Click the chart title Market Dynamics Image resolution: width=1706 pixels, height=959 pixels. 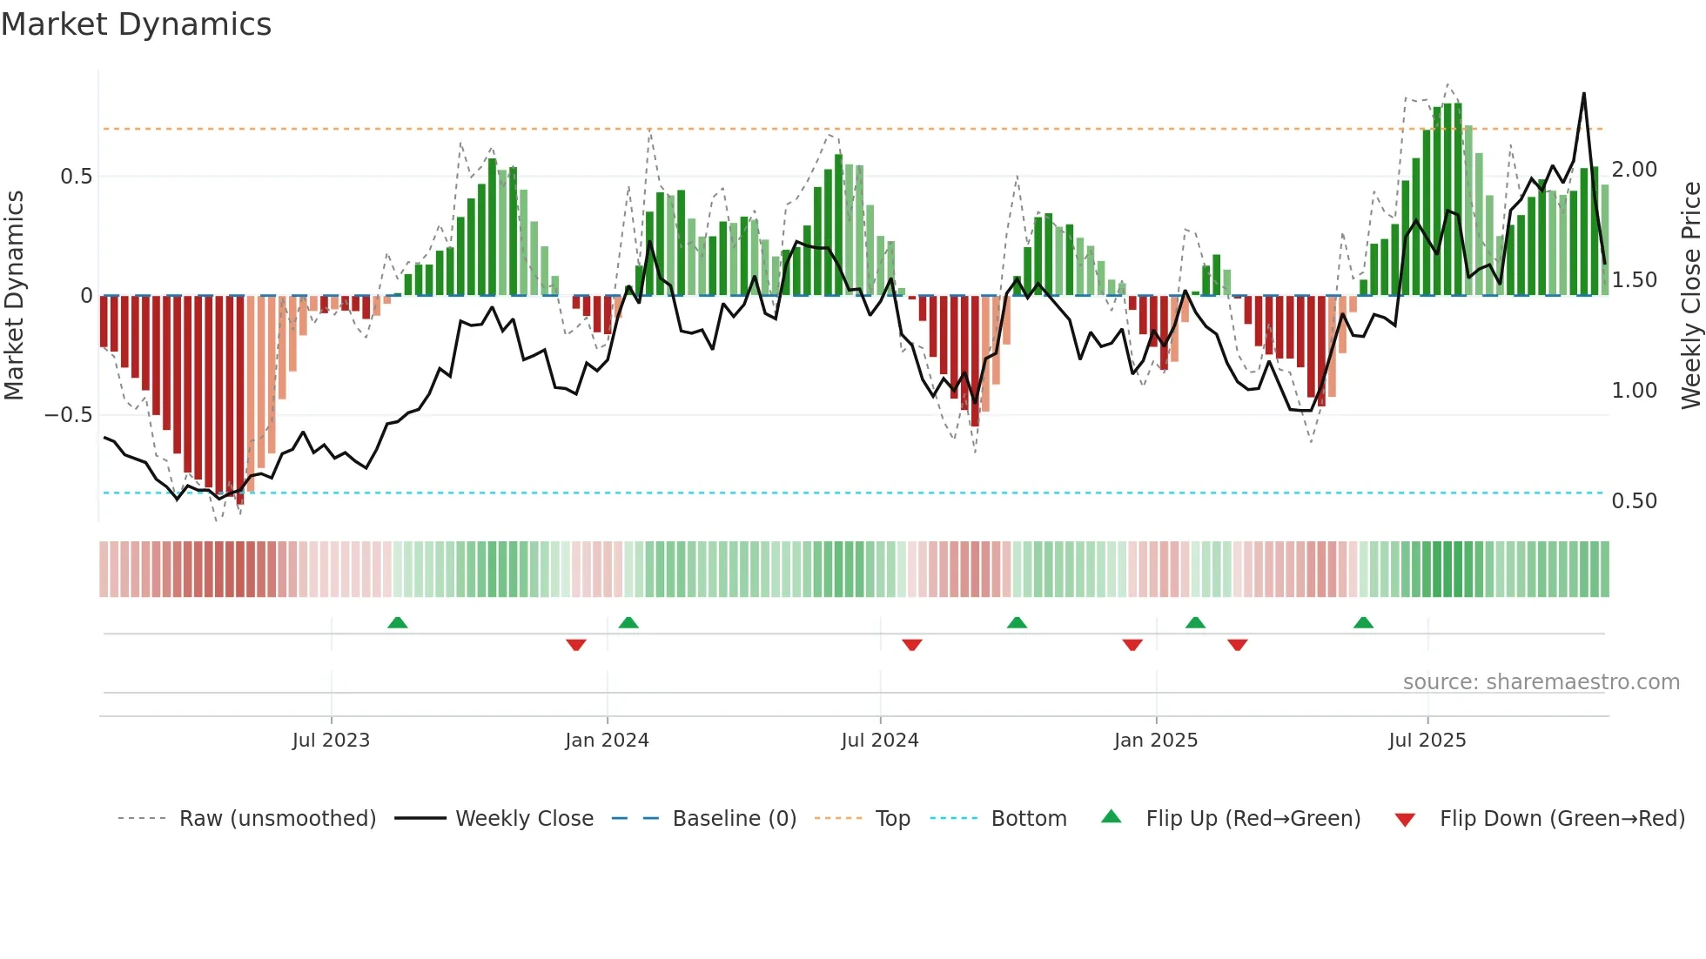(136, 24)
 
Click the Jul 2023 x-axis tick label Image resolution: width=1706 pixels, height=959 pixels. (331, 741)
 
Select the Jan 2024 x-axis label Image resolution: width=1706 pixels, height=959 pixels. (607, 741)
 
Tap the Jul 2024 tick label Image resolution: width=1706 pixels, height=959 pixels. (880, 741)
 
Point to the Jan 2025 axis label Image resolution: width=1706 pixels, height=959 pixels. (1156, 741)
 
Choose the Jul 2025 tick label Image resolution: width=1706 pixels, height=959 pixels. (1427, 741)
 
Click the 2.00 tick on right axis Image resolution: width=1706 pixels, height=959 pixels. (1635, 170)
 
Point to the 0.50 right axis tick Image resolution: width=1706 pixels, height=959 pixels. (1635, 501)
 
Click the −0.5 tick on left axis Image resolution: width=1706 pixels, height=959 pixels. (69, 415)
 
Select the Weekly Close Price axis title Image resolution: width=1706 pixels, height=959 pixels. (1691, 296)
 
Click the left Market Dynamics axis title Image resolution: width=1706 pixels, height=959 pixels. (14, 296)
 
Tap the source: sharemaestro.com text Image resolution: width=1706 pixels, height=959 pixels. (1541, 682)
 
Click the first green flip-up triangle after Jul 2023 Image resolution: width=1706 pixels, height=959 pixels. (398, 622)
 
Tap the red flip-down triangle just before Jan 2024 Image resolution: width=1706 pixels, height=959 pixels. (575, 645)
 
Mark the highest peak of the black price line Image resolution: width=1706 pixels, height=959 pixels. (1583, 94)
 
